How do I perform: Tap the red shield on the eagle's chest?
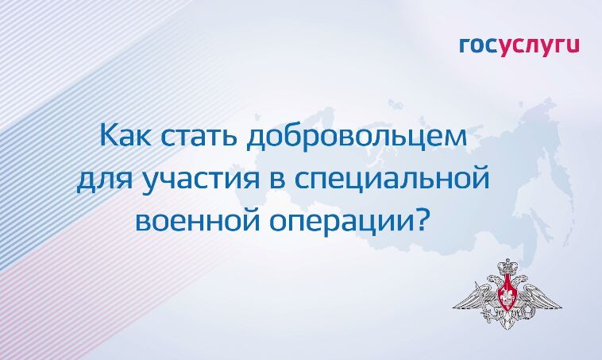(x=504, y=297)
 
